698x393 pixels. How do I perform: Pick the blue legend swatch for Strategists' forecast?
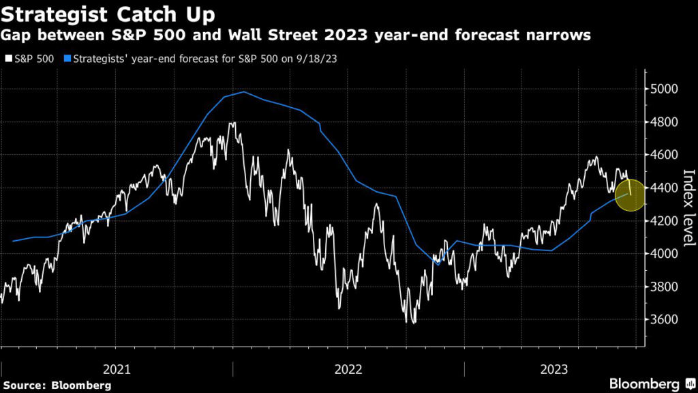(x=67, y=59)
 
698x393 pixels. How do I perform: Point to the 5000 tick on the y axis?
(x=663, y=89)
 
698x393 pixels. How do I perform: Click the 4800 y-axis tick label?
(x=663, y=122)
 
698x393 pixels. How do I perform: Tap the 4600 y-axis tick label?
(x=663, y=155)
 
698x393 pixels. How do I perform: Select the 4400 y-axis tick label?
(x=663, y=188)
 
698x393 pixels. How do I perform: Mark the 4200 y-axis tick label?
(x=663, y=221)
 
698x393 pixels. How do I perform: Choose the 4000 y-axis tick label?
(x=663, y=254)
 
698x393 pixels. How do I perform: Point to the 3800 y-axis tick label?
(x=663, y=287)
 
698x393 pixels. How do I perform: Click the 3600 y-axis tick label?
(x=663, y=319)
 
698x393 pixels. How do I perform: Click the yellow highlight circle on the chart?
(x=629, y=194)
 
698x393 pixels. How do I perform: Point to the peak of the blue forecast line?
(x=243, y=91)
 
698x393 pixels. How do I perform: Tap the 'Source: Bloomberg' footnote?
(x=56, y=385)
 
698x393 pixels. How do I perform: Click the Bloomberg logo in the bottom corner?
(x=647, y=383)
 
